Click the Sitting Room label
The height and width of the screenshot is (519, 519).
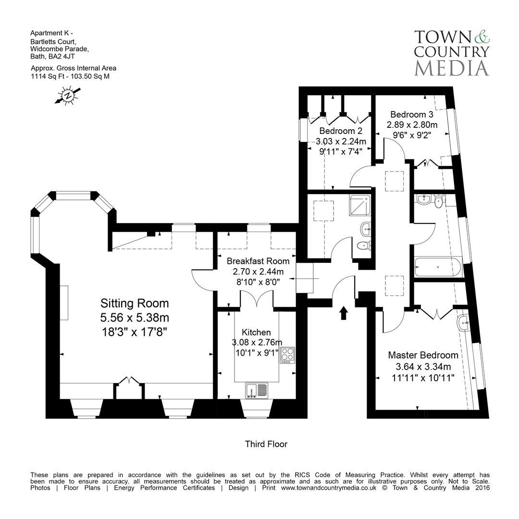pos(135,303)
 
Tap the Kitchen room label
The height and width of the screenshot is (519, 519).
pos(256,332)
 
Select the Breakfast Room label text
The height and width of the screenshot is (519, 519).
pos(258,261)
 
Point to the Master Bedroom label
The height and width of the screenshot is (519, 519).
pos(423,355)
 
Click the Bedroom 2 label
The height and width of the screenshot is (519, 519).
pos(341,131)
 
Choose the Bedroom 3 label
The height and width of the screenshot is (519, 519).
pos(411,114)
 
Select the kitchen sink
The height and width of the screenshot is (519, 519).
pos(257,391)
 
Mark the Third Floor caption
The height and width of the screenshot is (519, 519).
pos(266,444)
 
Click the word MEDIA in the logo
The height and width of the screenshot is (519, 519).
pos(451,67)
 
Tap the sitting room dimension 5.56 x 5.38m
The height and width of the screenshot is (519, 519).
pos(135,318)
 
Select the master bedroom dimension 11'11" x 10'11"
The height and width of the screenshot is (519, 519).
pos(423,377)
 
